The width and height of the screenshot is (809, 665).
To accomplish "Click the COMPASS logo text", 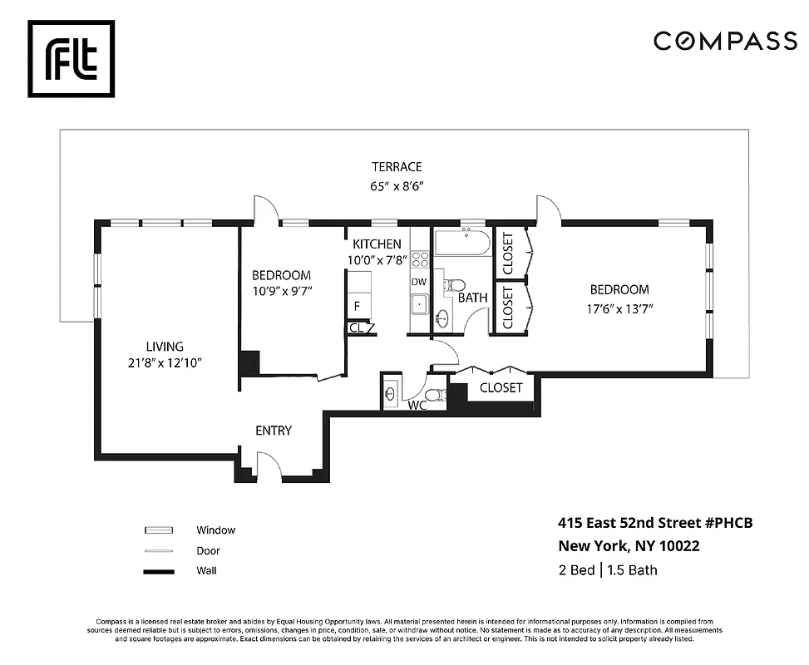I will pyautogui.click(x=725, y=41).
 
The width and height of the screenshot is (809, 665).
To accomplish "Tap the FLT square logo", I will pyautogui.click(x=72, y=59).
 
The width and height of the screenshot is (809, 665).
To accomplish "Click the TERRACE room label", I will pyautogui.click(x=397, y=167).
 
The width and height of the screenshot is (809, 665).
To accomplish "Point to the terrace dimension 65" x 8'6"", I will pyautogui.click(x=397, y=187).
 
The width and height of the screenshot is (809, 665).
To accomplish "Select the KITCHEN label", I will pyautogui.click(x=377, y=244).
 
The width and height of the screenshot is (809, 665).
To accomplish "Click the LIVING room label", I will pyautogui.click(x=165, y=347).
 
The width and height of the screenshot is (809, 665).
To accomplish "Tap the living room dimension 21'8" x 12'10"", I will pyautogui.click(x=165, y=362).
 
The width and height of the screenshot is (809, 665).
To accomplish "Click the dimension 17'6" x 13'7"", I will pyautogui.click(x=619, y=306).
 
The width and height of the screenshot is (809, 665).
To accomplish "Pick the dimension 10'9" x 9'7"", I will pyautogui.click(x=281, y=291).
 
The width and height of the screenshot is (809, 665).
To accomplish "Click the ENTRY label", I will pyautogui.click(x=274, y=431).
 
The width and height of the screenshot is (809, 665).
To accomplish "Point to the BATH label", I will pyautogui.click(x=472, y=297).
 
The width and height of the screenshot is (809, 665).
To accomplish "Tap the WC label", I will pyautogui.click(x=417, y=406).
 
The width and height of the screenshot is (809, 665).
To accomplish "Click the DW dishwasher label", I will pyautogui.click(x=419, y=282).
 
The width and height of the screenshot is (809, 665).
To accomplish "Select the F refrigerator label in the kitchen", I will pyautogui.click(x=357, y=306).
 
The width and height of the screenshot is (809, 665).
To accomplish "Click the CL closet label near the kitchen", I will pyautogui.click(x=356, y=328).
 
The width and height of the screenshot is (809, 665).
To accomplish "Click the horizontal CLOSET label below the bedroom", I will pyautogui.click(x=501, y=387).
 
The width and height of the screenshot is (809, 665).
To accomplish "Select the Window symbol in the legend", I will pyautogui.click(x=158, y=530).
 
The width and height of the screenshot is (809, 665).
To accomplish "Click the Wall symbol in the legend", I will pyautogui.click(x=158, y=571).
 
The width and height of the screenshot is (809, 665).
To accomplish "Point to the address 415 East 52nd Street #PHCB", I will pyautogui.click(x=654, y=523).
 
